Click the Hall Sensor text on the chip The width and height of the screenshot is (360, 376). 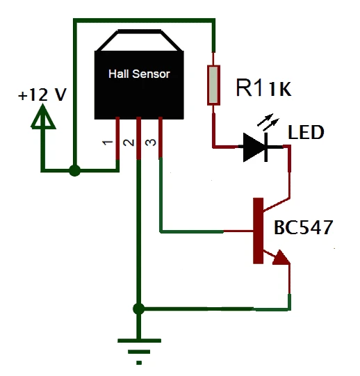tap(139, 74)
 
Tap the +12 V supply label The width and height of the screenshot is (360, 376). tap(42, 95)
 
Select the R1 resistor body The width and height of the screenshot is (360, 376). tap(213, 85)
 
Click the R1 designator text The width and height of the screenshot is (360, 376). tap(250, 88)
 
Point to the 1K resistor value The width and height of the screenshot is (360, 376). tap(280, 89)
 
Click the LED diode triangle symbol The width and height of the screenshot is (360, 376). tap(254, 147)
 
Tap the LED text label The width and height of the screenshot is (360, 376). tap(306, 132)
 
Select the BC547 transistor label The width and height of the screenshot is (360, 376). tap(304, 227)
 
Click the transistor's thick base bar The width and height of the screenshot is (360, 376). tap(259, 231)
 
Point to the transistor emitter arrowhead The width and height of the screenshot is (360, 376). tap(281, 259)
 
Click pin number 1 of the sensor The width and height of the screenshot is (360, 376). tap(108, 142)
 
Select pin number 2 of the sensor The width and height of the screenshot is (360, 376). tap(129, 142)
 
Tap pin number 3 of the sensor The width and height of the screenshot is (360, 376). tap(151, 142)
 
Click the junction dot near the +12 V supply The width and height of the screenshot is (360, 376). tap(74, 170)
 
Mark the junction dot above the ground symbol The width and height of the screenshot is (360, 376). tap(138, 309)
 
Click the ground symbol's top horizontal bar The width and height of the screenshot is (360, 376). tap(140, 341)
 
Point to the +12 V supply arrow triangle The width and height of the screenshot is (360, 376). tap(43, 117)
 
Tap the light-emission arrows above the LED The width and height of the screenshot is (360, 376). tap(268, 122)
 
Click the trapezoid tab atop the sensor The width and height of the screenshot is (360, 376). tap(139, 40)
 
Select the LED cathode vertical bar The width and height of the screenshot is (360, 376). tap(266, 147)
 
